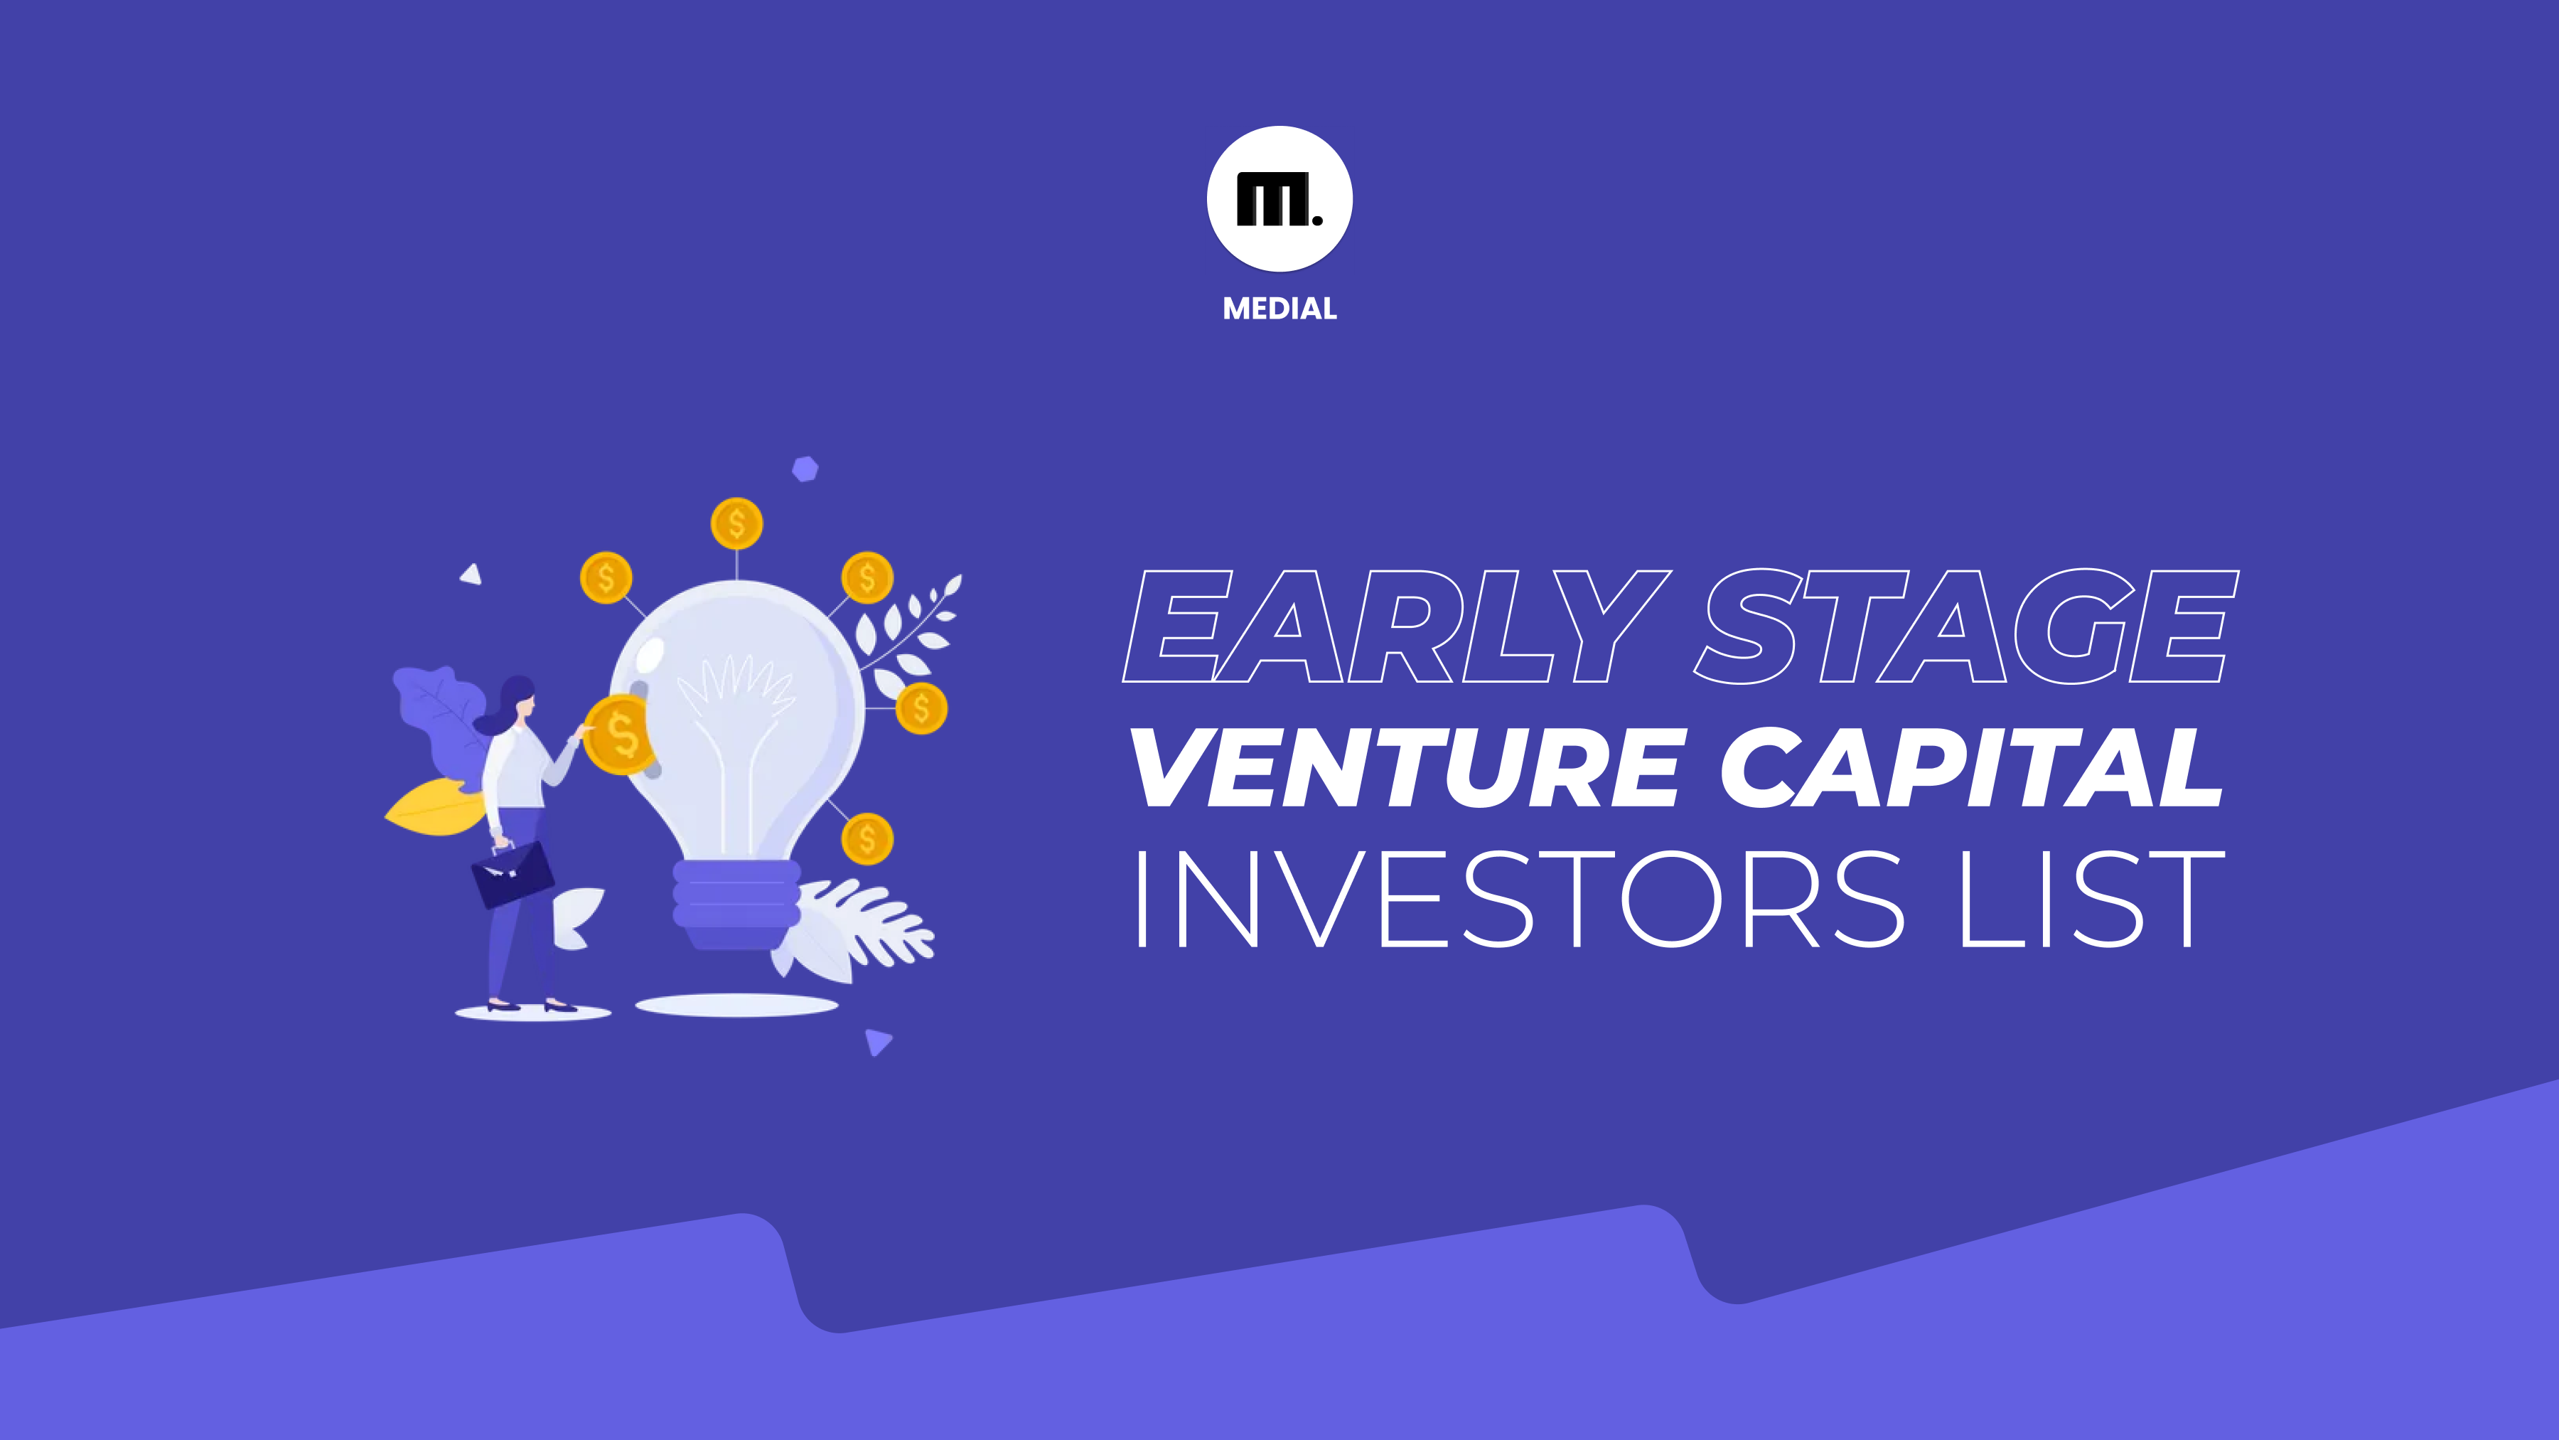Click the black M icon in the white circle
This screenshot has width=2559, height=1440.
(x=1277, y=199)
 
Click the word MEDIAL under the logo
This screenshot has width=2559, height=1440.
(x=1279, y=309)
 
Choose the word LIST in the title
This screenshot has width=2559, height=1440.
(x=2091, y=900)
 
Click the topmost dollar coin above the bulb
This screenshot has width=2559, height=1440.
(x=736, y=523)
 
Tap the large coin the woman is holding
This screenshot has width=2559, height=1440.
(x=620, y=735)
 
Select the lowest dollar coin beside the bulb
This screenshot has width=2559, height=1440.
(x=867, y=839)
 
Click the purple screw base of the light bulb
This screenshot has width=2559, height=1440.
(x=736, y=903)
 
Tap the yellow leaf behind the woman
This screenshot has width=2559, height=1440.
(x=435, y=806)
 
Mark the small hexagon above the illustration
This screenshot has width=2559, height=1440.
(x=805, y=469)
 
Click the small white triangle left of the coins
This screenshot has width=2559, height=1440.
(x=471, y=573)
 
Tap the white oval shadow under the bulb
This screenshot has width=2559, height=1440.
(x=736, y=1006)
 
